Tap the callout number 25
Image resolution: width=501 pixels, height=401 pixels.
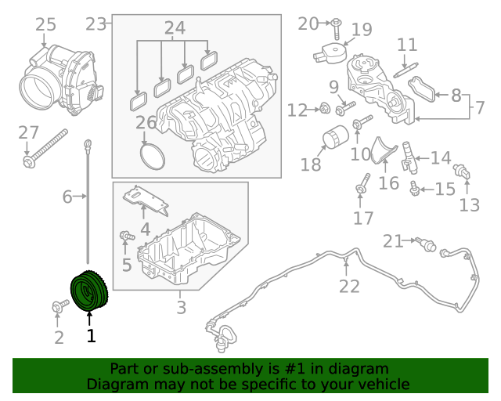coord(46,25)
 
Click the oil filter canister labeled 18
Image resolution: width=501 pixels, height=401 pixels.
coord(335,139)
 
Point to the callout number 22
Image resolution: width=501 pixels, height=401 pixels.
coord(349,286)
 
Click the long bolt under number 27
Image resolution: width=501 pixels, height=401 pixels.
coord(47,153)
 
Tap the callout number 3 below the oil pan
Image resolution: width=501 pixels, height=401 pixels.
coord(181,308)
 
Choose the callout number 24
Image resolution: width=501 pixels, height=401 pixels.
coord(175,28)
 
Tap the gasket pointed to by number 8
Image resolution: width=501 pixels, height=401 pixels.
coord(426,89)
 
